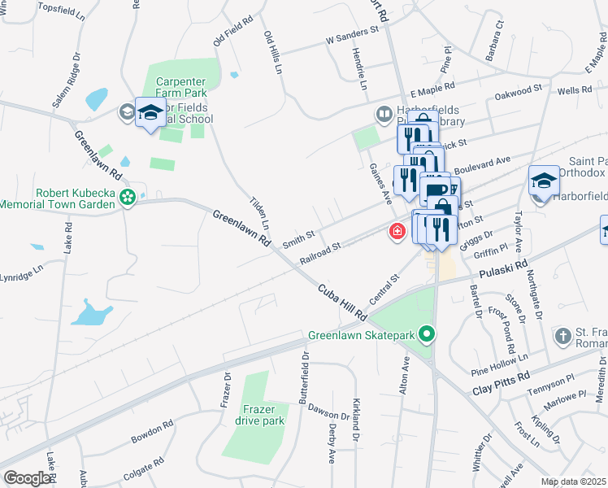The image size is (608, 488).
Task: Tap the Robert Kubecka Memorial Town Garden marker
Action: click(127, 196)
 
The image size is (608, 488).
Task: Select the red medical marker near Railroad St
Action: click(397, 233)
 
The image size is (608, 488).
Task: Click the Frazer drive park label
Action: click(259, 415)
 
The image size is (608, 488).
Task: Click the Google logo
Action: click(27, 478)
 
